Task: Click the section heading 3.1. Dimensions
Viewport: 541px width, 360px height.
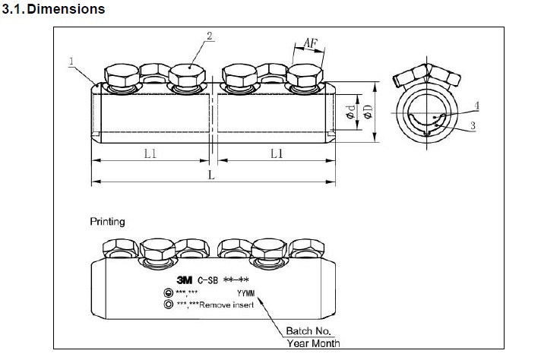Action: coord(54,10)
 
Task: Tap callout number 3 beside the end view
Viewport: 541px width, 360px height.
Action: coord(473,125)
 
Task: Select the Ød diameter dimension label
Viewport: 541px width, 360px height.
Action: coord(350,112)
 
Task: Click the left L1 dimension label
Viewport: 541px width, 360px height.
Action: coord(150,153)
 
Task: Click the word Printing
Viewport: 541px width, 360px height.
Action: coord(108,222)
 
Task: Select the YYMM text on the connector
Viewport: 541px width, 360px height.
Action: coord(245,292)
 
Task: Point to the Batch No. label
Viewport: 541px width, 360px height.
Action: coord(308,331)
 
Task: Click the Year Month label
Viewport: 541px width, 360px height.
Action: coord(312,343)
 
